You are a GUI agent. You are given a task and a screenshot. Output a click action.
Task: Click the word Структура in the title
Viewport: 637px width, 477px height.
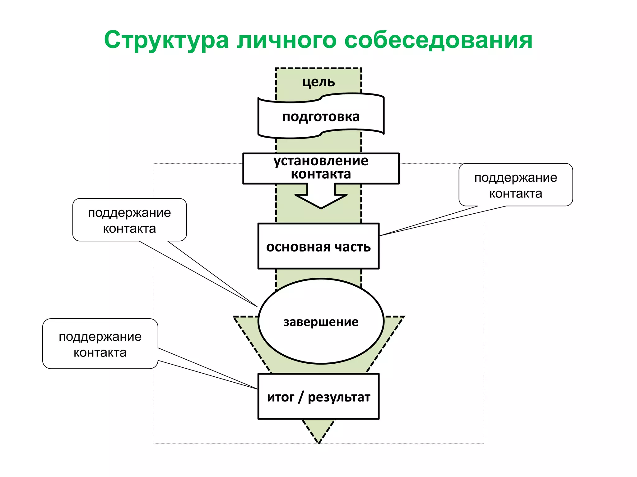click(166, 40)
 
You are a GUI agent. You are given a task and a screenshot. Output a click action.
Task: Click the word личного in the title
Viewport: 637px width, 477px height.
click(286, 40)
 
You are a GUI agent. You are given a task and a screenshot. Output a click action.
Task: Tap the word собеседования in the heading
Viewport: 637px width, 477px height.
click(439, 40)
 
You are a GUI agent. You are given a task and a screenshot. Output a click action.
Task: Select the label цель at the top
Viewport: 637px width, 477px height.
click(318, 82)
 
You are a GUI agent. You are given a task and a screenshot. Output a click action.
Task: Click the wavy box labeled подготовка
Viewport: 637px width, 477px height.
click(321, 117)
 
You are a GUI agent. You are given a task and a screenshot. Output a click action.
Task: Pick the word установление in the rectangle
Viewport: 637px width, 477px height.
click(321, 161)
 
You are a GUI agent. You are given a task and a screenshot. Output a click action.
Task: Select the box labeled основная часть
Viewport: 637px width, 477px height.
click(318, 246)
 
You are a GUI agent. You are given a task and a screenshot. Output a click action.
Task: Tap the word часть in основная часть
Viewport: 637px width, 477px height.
click(352, 247)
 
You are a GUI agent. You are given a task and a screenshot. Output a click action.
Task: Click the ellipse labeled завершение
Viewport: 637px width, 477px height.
click(321, 322)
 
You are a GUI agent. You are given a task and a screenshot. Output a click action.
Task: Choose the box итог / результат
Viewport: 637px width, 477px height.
click(318, 397)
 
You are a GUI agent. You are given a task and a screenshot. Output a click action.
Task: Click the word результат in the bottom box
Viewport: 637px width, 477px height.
click(339, 397)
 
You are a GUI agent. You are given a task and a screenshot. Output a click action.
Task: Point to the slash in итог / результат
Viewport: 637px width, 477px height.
click(300, 397)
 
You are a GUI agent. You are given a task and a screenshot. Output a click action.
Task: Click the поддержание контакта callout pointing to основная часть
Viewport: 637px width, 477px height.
click(515, 185)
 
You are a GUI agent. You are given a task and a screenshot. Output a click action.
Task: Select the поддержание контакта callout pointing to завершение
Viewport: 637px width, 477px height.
click(129, 220)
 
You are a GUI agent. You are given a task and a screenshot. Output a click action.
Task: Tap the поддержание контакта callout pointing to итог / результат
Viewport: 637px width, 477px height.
click(100, 344)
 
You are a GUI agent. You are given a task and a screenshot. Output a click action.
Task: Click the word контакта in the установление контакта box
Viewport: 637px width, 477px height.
click(321, 174)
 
